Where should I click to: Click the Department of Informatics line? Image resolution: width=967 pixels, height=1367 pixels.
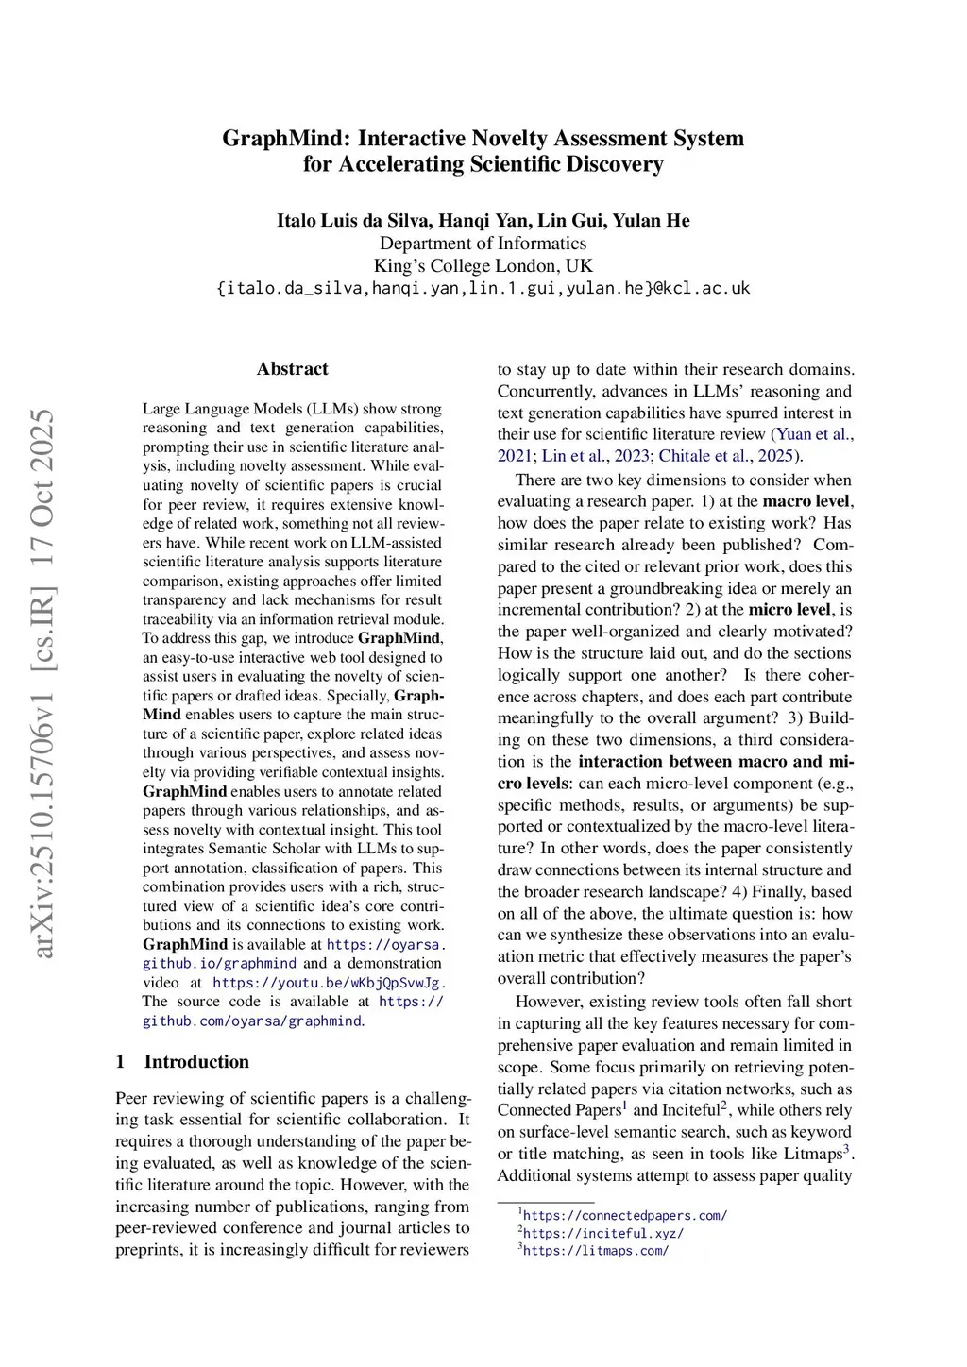(x=483, y=244)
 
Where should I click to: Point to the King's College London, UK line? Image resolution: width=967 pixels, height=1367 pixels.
(x=483, y=266)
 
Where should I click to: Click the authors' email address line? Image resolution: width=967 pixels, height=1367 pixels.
(x=483, y=288)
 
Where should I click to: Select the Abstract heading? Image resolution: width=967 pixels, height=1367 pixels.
(x=292, y=369)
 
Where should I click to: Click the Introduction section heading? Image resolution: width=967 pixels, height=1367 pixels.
(x=196, y=1062)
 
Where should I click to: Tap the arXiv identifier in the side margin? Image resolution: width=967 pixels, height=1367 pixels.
(x=43, y=683)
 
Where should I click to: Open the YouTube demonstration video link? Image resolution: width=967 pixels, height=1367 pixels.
(x=326, y=983)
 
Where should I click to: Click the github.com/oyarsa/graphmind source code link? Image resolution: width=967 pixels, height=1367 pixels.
(x=252, y=1021)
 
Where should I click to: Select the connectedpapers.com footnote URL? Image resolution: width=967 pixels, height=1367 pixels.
(x=624, y=1216)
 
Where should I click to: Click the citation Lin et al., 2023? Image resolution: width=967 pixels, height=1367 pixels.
(x=595, y=457)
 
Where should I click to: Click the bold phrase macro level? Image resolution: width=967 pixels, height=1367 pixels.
(x=806, y=501)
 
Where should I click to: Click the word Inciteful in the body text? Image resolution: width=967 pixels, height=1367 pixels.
(x=690, y=1110)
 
